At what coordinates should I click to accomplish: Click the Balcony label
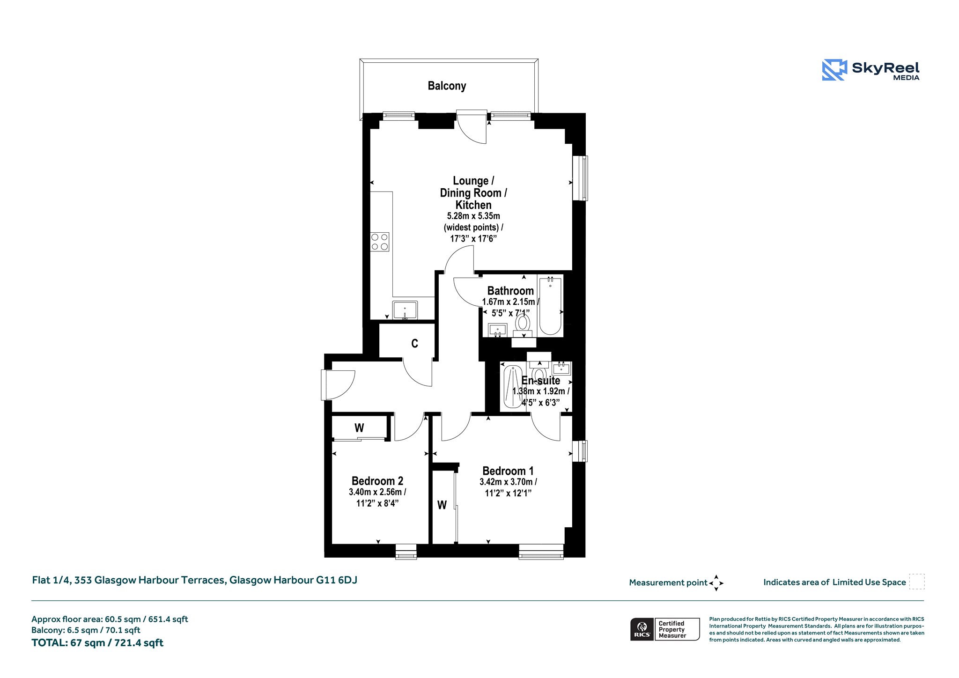447,86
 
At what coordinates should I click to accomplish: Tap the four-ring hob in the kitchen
379,242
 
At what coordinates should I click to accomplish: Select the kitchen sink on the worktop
405,310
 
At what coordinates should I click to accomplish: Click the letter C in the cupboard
414,344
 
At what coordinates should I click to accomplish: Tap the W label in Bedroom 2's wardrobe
359,427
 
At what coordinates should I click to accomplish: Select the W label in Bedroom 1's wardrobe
442,505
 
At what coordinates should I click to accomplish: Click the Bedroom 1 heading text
508,471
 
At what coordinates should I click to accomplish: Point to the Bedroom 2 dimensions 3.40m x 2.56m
377,492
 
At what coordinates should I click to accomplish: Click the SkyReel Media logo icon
834,70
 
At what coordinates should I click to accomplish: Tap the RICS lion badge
642,629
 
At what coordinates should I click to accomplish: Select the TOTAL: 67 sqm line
97,643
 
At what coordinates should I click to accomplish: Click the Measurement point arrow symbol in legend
716,583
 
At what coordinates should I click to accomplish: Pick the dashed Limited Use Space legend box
917,582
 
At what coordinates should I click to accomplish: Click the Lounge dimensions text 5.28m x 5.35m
473,216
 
